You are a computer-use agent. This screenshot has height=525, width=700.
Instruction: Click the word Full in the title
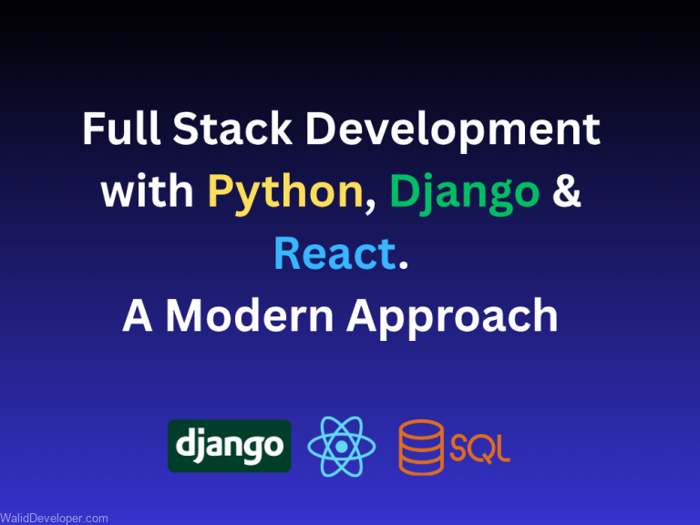pos(115,130)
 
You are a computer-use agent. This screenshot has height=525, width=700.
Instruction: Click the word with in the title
pos(146,192)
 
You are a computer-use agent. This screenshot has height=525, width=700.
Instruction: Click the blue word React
pos(335,254)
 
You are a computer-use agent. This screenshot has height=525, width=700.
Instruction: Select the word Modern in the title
pos(250,315)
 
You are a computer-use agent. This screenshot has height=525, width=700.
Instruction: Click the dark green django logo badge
pos(230,446)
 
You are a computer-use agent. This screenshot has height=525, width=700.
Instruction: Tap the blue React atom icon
pos(342,447)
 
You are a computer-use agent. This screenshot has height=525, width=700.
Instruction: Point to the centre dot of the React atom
pos(342,447)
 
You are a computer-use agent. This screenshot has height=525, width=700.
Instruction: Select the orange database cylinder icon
pos(421,447)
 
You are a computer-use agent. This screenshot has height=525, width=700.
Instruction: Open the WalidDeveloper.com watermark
pos(55,518)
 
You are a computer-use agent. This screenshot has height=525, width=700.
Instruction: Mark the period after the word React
pos(402,267)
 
